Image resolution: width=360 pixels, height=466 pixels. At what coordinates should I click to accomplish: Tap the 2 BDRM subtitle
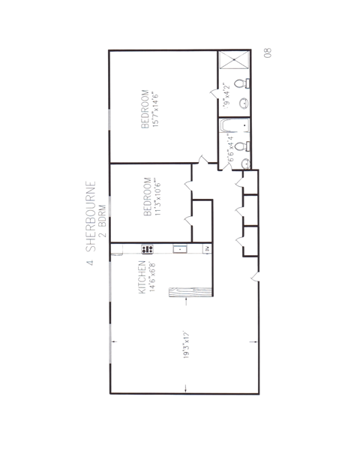tap(102, 218)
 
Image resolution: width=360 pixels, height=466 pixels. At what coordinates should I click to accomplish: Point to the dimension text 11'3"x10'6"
tap(158, 197)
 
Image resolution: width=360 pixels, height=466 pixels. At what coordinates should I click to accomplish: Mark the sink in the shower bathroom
tap(243, 103)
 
